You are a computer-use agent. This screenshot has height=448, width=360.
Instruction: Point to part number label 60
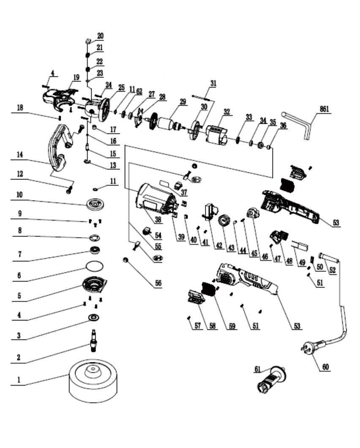click(325, 367)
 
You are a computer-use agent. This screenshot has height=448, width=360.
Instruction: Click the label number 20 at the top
click(100, 36)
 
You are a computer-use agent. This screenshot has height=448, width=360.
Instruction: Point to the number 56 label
click(158, 283)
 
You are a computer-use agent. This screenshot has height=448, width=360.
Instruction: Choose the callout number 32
click(227, 112)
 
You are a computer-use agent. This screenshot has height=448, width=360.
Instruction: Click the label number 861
click(325, 109)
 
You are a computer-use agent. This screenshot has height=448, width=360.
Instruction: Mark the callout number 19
click(76, 77)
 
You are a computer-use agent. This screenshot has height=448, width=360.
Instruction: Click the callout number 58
click(209, 326)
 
